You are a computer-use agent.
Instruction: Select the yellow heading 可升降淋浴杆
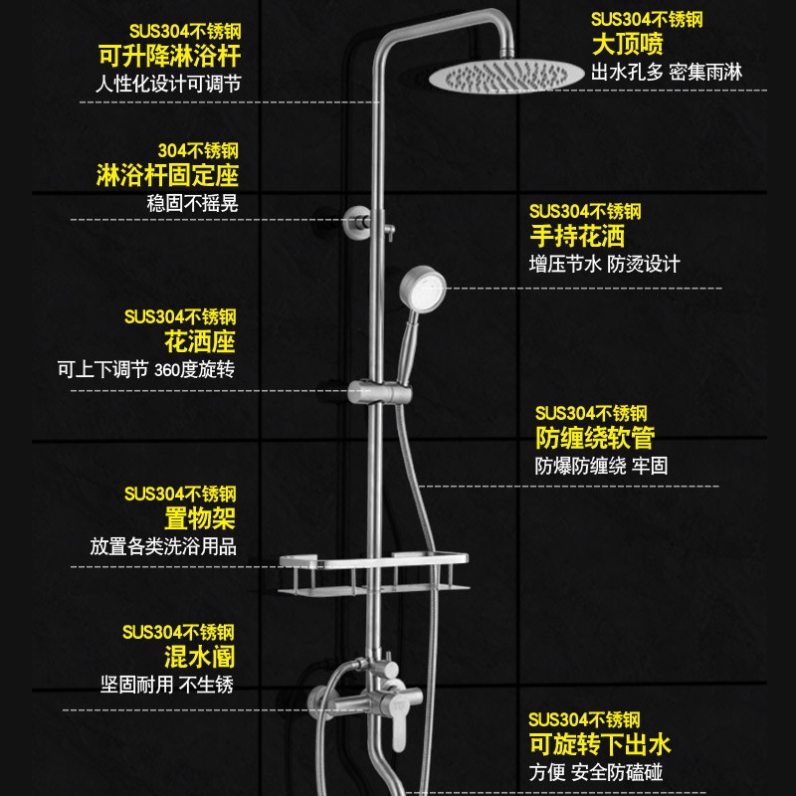pos(168,55)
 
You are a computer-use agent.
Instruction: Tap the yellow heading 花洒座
pos(199,342)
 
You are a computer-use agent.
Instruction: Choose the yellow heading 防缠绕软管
pos(594,438)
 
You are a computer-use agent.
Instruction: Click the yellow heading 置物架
pos(200,518)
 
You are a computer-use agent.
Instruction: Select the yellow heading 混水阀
pos(199,657)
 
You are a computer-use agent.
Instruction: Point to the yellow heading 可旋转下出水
pos(600,744)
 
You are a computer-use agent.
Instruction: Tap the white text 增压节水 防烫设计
pos(604,265)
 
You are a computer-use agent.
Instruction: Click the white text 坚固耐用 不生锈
pos(167,685)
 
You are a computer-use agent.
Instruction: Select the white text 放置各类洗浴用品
pos(163,547)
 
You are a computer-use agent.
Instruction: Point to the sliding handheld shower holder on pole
pos(372,391)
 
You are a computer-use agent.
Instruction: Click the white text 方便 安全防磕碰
pos(595,772)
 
